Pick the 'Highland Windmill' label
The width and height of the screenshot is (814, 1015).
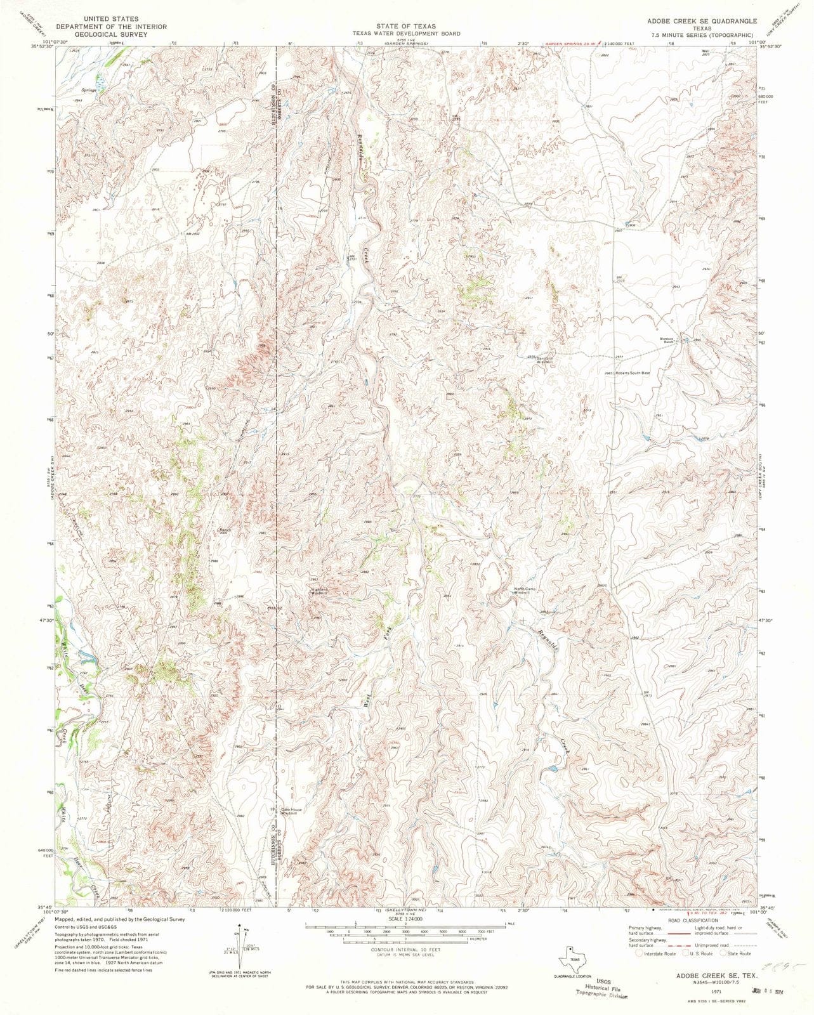320,591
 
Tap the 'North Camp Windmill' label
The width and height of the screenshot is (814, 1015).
525,591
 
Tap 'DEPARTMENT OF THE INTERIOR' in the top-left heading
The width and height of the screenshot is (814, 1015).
111,27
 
